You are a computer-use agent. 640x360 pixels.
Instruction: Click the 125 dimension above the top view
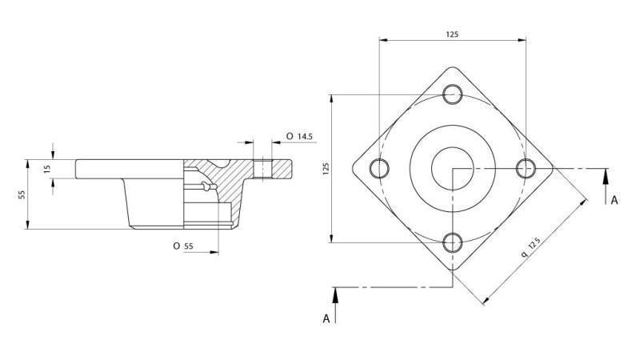pos(453,34)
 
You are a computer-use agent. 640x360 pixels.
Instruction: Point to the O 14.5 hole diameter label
pos(299,137)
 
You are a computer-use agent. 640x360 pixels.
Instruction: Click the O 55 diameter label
pos(182,246)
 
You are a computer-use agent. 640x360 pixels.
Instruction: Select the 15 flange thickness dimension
pos(47,169)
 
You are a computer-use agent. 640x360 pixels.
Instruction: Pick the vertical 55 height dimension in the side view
pos(22,194)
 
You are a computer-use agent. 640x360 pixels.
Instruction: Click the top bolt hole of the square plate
pos(453,94)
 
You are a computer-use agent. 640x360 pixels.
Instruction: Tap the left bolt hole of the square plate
pos(379,168)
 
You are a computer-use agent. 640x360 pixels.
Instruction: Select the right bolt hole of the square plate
pos(526,168)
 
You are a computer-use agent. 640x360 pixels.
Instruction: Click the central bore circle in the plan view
pos(453,168)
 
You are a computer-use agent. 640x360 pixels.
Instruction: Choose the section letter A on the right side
pos(614,200)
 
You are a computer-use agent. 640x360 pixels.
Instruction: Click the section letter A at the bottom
pos(326,318)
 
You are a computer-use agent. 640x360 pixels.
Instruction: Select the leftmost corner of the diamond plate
pos(354,168)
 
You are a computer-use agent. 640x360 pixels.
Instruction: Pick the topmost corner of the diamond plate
pos(453,67)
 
